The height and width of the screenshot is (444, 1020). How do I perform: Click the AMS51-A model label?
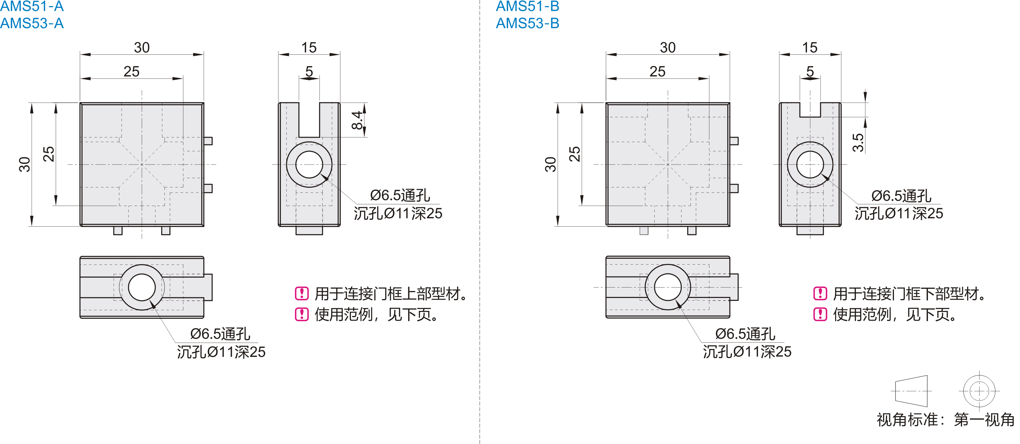(32, 6)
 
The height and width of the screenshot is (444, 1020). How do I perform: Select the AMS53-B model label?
(528, 23)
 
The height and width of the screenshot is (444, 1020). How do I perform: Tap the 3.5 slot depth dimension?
(858, 143)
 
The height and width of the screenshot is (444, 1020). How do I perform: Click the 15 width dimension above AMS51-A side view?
(309, 48)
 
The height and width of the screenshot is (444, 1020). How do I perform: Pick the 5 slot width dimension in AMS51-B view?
(810, 71)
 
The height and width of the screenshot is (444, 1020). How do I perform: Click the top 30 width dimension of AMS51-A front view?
(142, 48)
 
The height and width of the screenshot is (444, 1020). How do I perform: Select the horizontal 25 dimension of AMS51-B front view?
(657, 72)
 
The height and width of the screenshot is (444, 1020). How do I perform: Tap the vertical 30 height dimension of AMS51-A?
(25, 165)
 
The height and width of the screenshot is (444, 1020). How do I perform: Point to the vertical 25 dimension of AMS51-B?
(574, 154)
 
